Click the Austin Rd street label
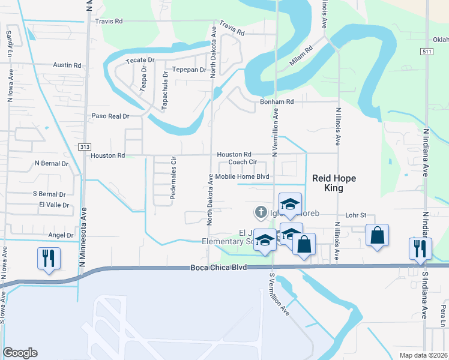67,65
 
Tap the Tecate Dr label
139,61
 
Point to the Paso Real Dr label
110,116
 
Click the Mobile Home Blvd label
243,176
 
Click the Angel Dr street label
61,235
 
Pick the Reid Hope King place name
328,183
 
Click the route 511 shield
427,52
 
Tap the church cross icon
261,211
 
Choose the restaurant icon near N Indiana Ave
419,248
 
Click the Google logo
20,353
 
